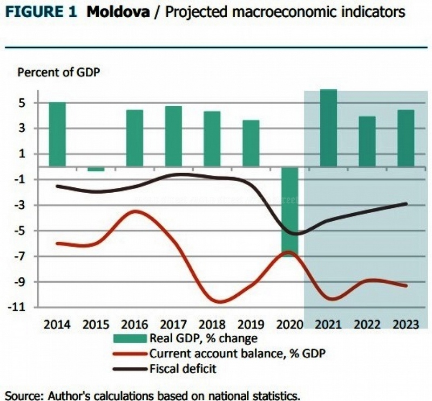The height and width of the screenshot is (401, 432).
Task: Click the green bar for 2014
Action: click(57, 134)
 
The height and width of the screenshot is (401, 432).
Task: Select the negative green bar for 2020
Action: click(289, 210)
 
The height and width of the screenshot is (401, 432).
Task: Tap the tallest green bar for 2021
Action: click(328, 128)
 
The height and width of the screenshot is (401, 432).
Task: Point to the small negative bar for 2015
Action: click(96, 169)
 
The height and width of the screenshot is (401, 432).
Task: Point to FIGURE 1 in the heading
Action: click(38, 12)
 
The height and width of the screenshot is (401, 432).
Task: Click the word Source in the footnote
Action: click(19, 392)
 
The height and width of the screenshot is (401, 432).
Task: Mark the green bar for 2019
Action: click(251, 144)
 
